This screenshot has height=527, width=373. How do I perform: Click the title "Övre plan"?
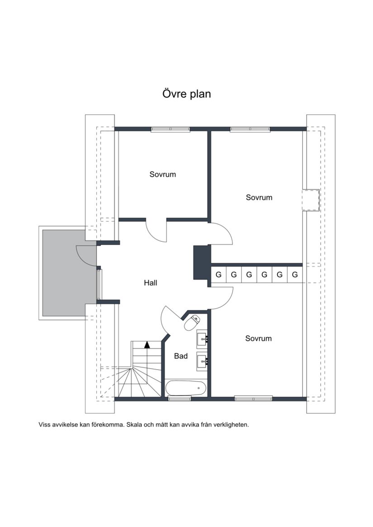186,94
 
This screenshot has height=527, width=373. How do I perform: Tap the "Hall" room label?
151,283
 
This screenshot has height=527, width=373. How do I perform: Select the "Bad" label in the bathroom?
181,356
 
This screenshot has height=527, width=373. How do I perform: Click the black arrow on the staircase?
147,345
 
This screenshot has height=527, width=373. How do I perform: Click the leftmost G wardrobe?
218,274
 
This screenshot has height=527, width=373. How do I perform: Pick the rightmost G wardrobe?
295,274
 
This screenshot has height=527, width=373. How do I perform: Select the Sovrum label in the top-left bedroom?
163,174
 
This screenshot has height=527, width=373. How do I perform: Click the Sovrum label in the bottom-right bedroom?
259,338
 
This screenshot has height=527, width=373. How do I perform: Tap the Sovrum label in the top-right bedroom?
259,198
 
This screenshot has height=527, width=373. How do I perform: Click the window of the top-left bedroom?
170,129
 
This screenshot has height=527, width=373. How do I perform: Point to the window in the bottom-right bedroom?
253,399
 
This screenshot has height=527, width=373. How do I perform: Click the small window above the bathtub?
175,399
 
